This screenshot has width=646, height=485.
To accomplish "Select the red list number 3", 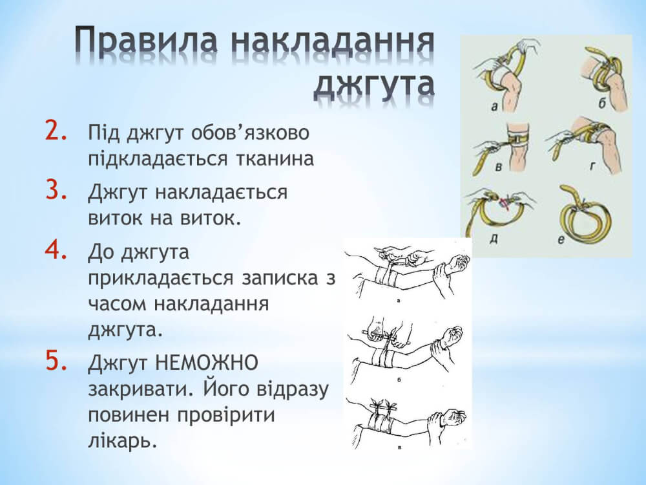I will tap(56, 188).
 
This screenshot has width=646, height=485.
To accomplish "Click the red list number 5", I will tap(56, 360).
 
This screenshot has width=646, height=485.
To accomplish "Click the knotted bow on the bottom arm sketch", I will tap(386, 405).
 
